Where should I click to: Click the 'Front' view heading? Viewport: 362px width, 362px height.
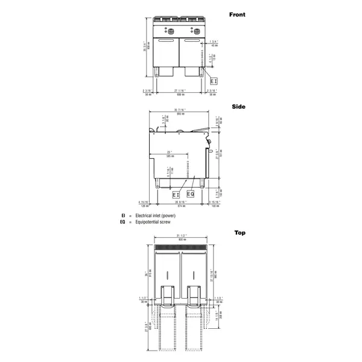[x=237, y=14]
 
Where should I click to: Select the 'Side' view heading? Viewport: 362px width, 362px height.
[x=239, y=106]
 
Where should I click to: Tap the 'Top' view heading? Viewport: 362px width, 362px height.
[x=240, y=232]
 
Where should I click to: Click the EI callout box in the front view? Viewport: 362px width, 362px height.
[x=213, y=79]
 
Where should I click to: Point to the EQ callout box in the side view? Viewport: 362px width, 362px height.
[x=191, y=194]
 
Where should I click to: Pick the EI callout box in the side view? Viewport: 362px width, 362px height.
[x=176, y=195]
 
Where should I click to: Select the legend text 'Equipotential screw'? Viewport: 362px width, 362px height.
[x=150, y=221]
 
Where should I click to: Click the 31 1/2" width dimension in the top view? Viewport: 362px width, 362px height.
[x=180, y=236]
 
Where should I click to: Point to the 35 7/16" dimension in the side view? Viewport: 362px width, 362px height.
[x=179, y=110]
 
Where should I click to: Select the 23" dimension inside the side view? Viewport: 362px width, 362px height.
[x=170, y=153]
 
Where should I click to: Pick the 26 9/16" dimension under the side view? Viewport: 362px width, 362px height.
[x=179, y=203]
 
